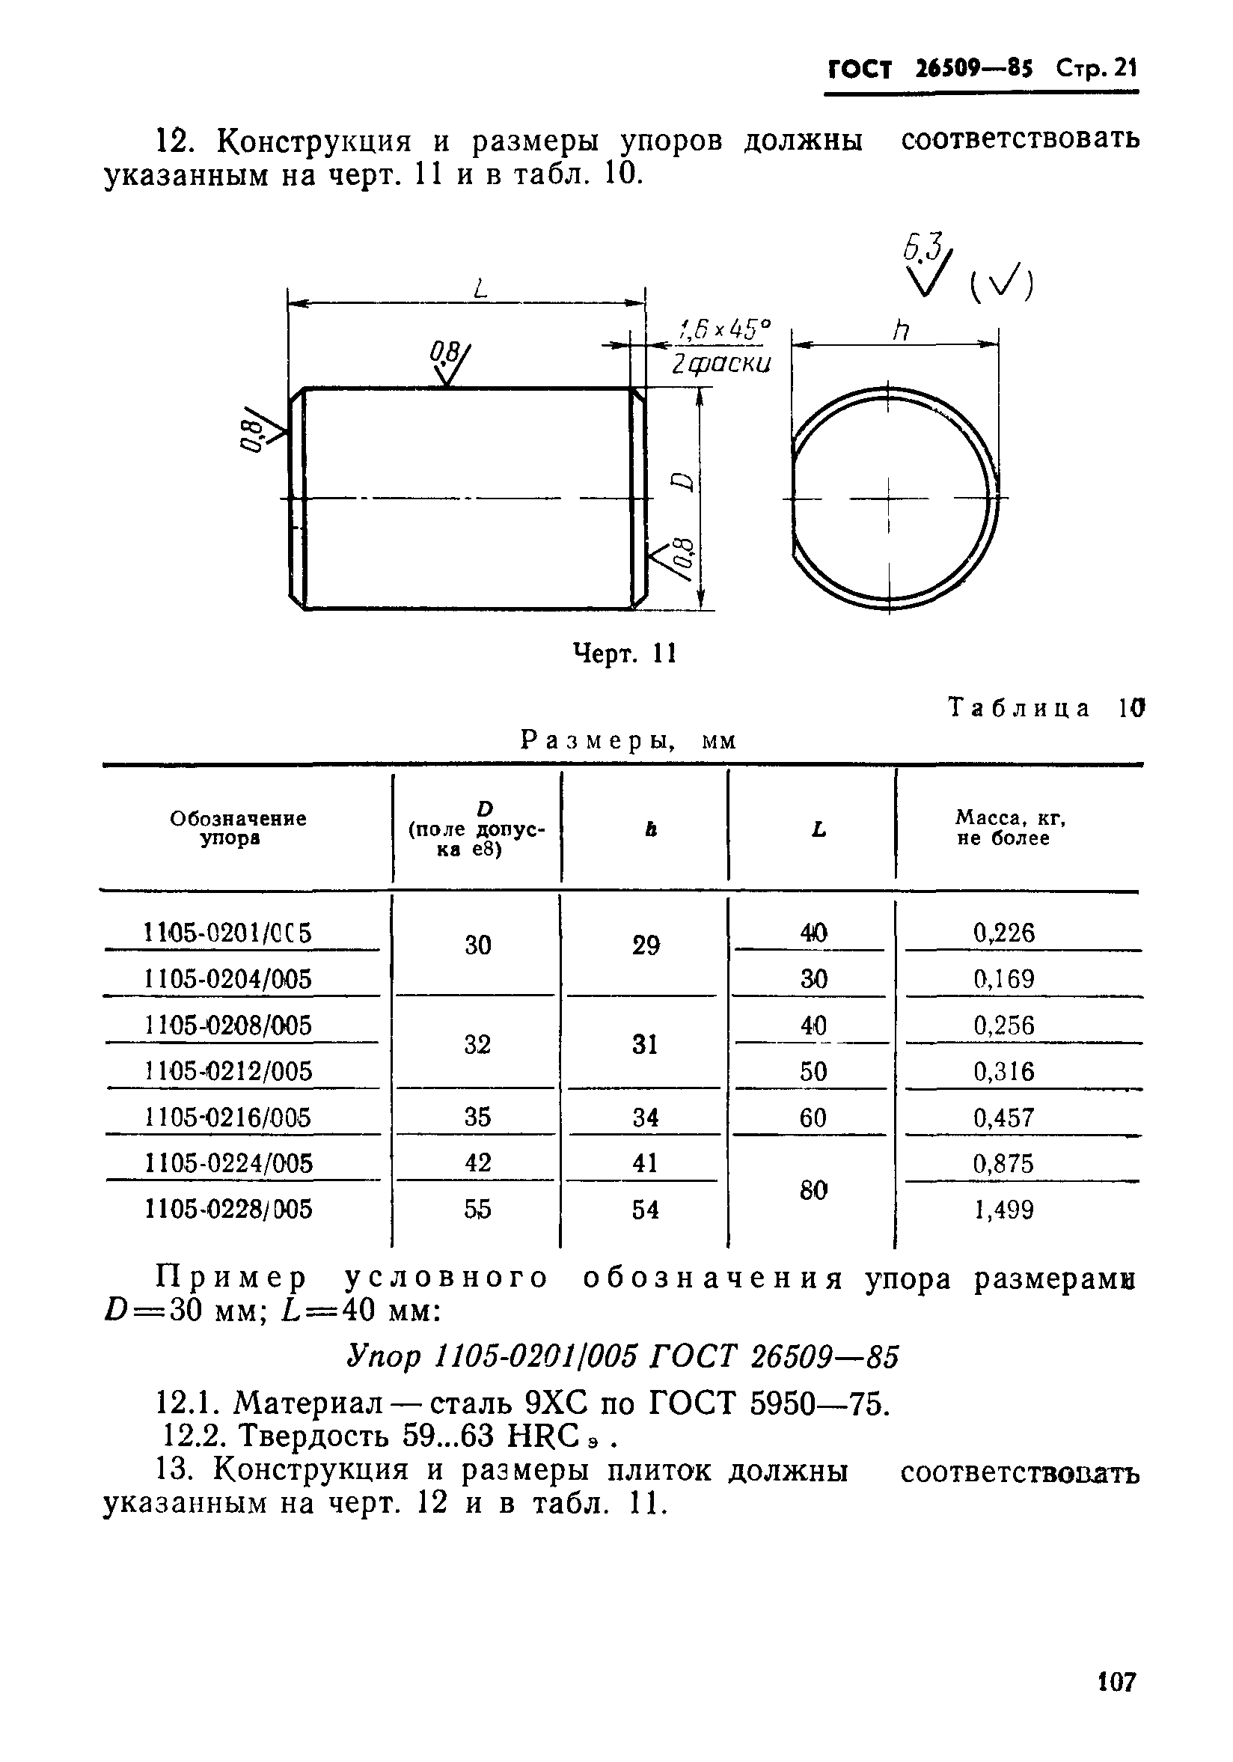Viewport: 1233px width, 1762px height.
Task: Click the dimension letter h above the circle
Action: coord(900,331)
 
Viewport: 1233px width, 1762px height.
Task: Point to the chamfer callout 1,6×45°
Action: coord(723,330)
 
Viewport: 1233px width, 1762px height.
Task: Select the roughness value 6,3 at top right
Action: coord(919,248)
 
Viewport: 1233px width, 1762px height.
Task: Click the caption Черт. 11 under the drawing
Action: coord(625,653)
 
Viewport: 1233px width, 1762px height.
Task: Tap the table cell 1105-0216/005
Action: coord(228,1118)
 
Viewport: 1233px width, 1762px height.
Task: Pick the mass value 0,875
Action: coord(1003,1163)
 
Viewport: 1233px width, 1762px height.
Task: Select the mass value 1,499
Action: coord(1003,1210)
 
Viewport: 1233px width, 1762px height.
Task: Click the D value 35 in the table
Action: coord(477,1117)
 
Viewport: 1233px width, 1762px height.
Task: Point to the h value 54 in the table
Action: coord(645,1210)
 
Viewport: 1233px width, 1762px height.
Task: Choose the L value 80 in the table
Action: coord(813,1190)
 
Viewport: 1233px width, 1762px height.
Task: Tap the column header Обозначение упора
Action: coord(238,828)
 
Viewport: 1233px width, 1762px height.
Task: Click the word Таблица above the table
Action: coord(1019,707)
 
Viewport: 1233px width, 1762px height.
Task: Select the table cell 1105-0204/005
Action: coord(228,979)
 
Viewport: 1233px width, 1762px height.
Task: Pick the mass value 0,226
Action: coord(1003,933)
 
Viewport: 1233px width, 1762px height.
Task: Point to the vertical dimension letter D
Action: coord(681,481)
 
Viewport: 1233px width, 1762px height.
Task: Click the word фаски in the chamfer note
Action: coord(729,364)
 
